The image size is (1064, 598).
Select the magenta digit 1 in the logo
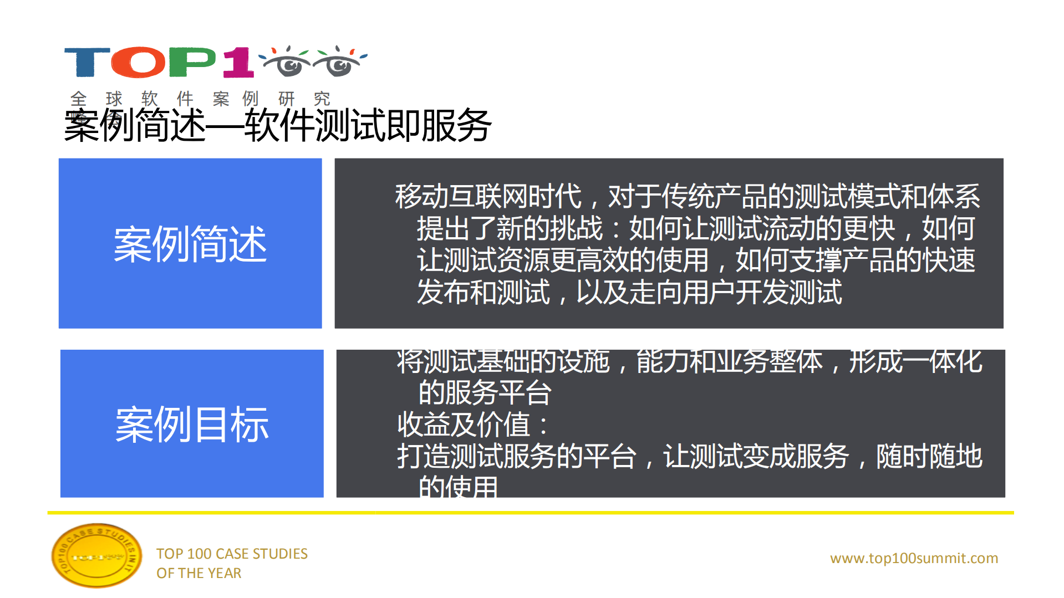tap(239, 62)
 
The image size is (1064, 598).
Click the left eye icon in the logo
tap(287, 62)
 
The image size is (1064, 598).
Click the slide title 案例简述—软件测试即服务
tap(277, 126)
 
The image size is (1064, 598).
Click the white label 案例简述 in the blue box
tap(190, 244)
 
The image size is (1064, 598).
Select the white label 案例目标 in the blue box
tap(192, 424)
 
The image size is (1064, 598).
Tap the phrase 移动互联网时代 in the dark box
tap(488, 196)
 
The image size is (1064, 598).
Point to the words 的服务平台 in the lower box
tap(485, 393)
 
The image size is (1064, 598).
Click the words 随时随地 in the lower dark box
tap(929, 457)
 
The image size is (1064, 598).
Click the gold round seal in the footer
tap(96, 555)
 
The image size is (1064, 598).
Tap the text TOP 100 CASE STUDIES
tap(232, 554)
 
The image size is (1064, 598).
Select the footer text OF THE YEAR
tap(198, 573)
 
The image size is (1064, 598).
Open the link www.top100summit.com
tap(914, 558)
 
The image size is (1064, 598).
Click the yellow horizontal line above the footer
tap(531, 513)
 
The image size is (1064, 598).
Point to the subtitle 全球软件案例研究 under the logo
tap(200, 99)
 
